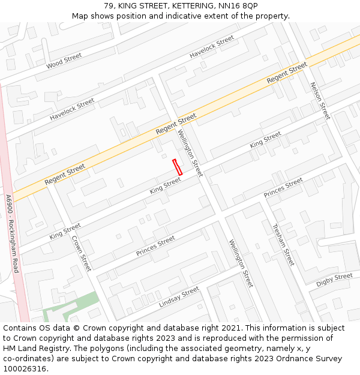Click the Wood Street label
click(64, 60)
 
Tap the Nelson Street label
click(320, 101)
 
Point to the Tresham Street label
click(283, 245)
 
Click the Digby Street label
click(334, 280)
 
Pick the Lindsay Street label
click(179, 298)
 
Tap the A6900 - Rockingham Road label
click(11, 233)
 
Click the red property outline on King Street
click(177, 167)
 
